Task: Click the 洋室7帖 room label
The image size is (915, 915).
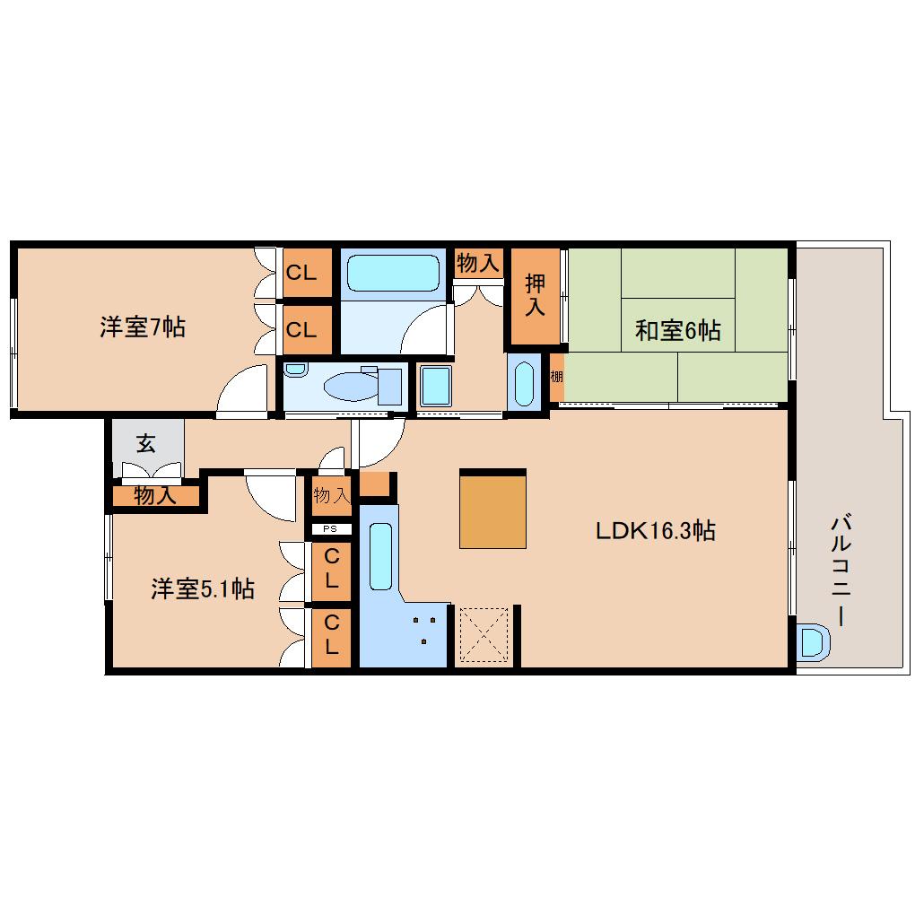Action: point(143,327)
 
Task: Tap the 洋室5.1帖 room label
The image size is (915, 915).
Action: point(202,588)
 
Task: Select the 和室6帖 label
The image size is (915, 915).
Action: point(677,330)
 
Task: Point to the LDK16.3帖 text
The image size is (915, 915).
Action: point(656,530)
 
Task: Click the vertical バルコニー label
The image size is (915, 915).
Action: point(841,570)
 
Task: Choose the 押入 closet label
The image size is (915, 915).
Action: point(535,295)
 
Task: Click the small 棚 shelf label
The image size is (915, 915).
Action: point(557,377)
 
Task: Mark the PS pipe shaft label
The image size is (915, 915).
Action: point(331,528)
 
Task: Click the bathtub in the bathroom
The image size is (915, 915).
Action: point(393,273)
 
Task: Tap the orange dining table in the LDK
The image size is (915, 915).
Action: point(492,508)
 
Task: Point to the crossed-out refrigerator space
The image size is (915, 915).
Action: point(484,635)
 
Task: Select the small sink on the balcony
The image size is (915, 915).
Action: point(813,642)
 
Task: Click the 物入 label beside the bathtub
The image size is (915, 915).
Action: point(477,264)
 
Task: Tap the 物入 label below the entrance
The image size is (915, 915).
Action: point(154,496)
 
